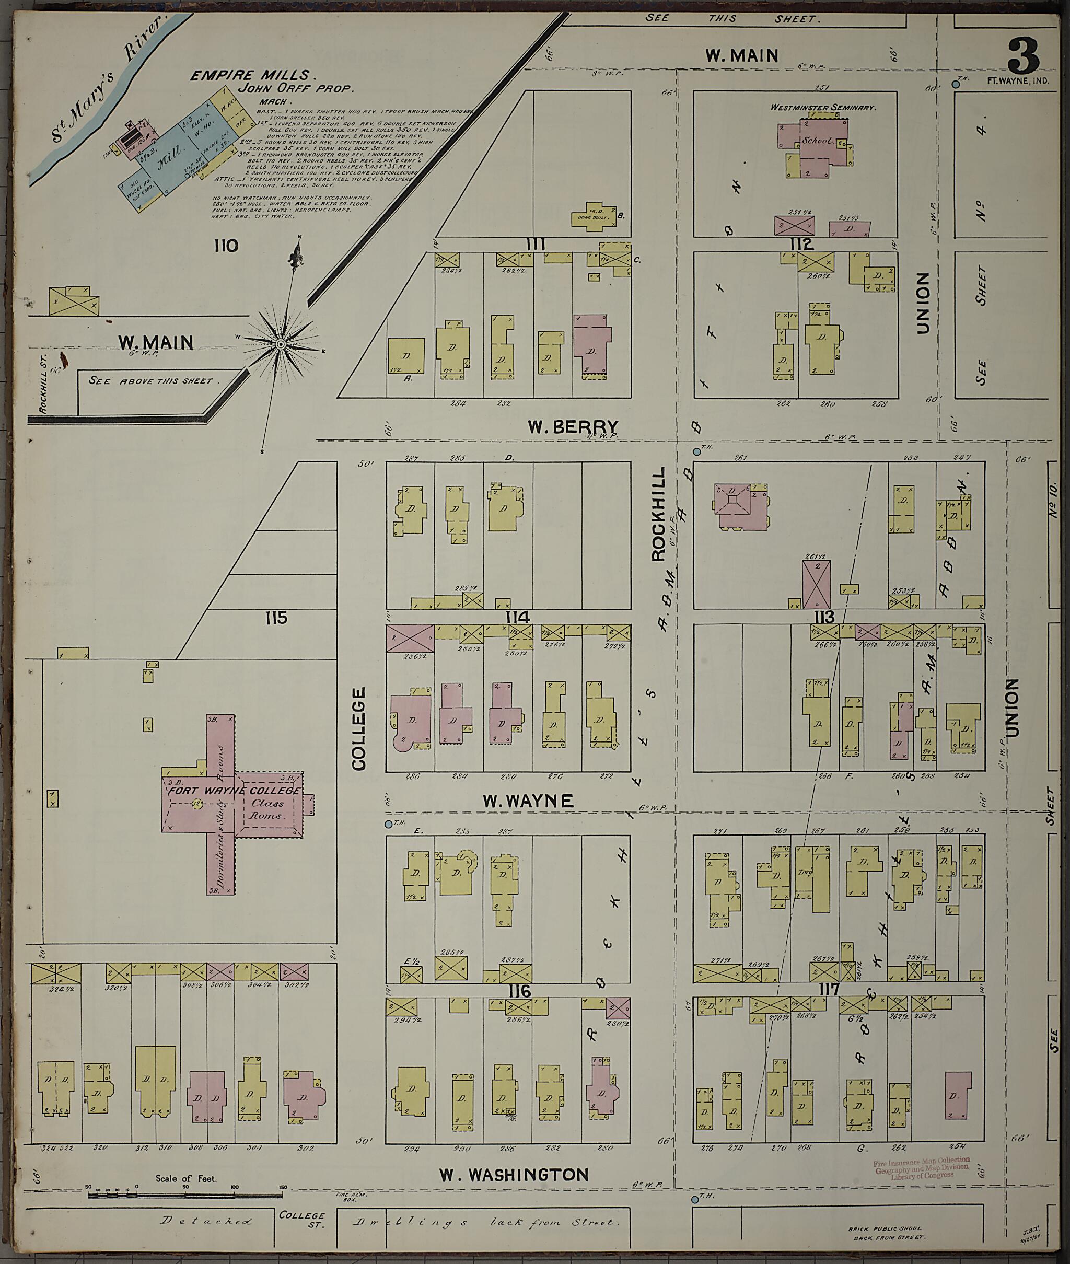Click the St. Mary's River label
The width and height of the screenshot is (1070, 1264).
109,79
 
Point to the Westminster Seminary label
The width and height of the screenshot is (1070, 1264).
822,107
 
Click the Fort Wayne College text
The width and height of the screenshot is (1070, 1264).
234,791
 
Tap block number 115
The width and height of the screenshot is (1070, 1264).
276,618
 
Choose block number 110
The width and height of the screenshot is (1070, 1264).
226,246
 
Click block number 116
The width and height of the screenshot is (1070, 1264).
520,991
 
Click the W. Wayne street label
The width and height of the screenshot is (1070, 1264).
528,801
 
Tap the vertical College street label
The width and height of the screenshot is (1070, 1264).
359,728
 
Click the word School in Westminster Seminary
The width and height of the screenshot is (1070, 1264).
817,141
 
